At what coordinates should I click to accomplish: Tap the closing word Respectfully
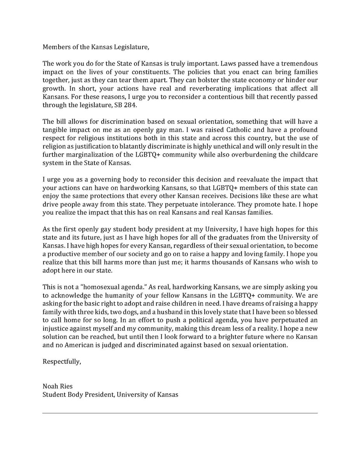tap(62, 361)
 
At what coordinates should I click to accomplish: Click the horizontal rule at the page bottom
tap(180, 413)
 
